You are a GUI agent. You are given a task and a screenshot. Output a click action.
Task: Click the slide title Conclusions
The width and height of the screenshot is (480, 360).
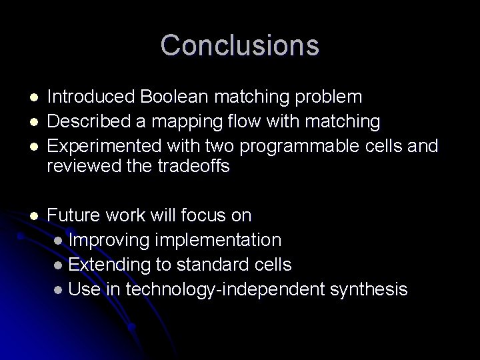[x=240, y=45]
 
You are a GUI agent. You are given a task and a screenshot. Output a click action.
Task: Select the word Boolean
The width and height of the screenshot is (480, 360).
[x=167, y=97]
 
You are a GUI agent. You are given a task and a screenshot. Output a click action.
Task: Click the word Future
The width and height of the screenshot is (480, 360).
[x=73, y=215]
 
